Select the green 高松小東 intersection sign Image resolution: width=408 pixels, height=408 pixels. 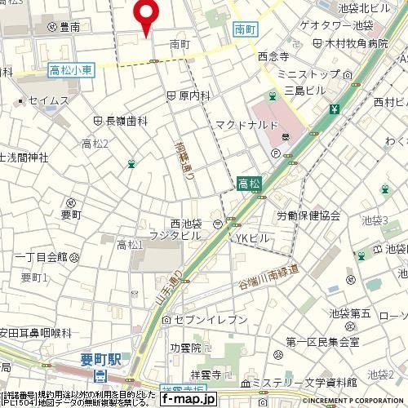[71, 71]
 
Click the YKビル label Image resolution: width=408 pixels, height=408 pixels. [251, 237]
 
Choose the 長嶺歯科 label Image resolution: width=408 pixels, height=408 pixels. [126, 120]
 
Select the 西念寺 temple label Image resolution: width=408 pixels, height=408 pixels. [273, 57]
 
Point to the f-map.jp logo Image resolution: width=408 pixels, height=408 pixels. [188, 400]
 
